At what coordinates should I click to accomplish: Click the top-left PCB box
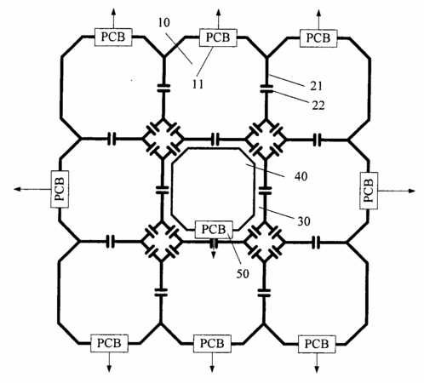tap(113, 37)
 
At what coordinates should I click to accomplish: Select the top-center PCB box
tap(218, 37)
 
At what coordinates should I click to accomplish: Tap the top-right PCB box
tap(318, 38)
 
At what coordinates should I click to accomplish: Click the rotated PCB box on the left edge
tap(60, 189)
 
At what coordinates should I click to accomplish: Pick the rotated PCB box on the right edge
tap(369, 191)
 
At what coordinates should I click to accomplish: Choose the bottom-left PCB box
tap(109, 343)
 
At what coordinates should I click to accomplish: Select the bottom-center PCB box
tap(212, 344)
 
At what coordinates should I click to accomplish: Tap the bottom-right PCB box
tap(317, 344)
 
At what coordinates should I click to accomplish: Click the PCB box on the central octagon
tap(214, 229)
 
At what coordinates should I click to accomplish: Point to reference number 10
tap(163, 23)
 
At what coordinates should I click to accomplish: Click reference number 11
tap(198, 84)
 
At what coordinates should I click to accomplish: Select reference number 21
tap(316, 86)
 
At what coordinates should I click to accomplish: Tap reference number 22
tap(318, 106)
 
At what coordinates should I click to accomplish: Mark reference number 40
tap(301, 176)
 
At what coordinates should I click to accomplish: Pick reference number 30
tap(304, 221)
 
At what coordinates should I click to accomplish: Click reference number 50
tap(243, 274)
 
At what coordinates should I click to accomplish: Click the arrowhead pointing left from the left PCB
tap(17, 189)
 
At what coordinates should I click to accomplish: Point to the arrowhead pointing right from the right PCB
tap(412, 191)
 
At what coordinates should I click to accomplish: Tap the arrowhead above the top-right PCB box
tap(318, 13)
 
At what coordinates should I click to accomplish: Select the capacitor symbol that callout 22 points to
tap(266, 89)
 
